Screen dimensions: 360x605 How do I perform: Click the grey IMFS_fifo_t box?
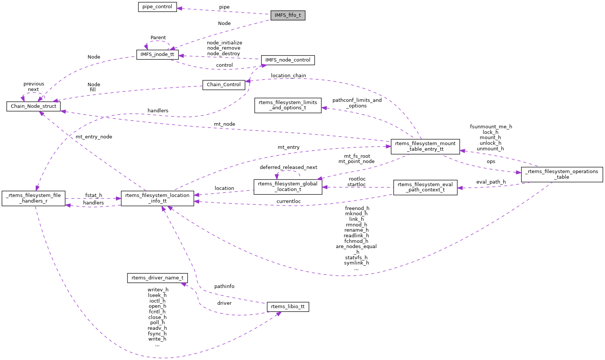[288, 15]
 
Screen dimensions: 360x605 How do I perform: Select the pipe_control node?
[157, 7]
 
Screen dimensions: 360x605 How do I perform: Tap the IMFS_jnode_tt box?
[157, 54]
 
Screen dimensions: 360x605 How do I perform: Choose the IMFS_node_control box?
[288, 60]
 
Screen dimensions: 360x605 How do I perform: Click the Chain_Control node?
[224, 85]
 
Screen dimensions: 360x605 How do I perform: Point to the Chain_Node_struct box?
[34, 106]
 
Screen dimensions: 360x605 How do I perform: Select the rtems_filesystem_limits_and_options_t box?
[288, 105]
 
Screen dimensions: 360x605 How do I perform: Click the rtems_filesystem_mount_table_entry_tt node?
[425, 146]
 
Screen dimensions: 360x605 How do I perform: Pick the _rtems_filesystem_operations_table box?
[562, 174]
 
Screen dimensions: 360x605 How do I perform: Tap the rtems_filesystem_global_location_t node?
[288, 187]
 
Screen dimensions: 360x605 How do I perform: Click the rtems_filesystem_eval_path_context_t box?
[425, 187]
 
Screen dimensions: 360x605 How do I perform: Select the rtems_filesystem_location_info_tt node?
[157, 198]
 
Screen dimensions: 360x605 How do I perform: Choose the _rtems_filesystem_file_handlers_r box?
[34, 198]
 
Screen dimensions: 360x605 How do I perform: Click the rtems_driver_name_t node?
[157, 278]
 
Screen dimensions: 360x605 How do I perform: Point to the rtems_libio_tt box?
[288, 307]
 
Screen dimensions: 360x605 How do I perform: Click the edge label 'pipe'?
[224, 7]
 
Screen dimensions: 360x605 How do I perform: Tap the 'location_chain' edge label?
[289, 76]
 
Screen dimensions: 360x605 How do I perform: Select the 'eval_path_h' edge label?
[491, 182]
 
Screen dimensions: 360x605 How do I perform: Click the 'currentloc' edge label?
[289, 201]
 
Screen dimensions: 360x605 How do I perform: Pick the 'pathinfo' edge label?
[224, 287]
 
